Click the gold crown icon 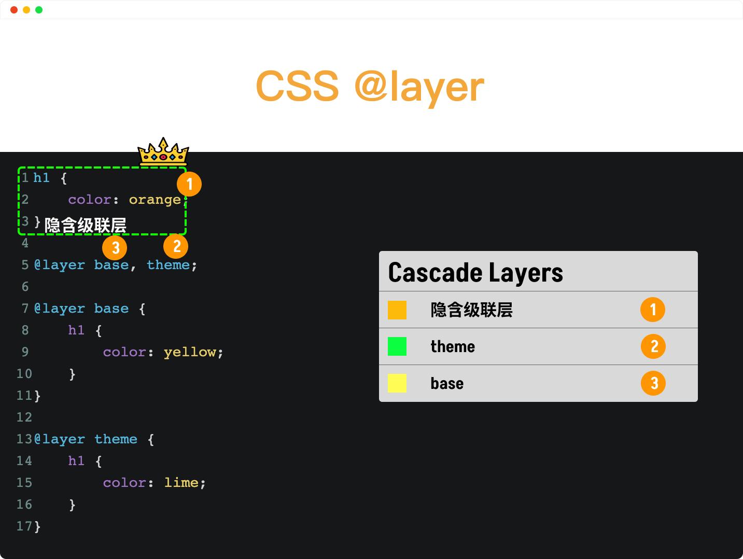coord(163,151)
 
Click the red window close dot coord(14,10)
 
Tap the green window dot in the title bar coord(39,10)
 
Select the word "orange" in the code coord(155,200)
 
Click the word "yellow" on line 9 coord(190,352)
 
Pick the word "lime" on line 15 coord(181,483)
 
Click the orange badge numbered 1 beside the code coord(189,184)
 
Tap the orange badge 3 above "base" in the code coord(115,248)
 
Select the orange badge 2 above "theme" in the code coord(176,246)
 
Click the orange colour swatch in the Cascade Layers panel coord(397,310)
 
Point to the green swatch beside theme coord(397,346)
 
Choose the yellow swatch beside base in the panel coord(397,383)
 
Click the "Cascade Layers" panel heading coord(475,273)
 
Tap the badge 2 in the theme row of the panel coord(653,346)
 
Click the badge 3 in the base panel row coord(653,383)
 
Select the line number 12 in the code coord(24,417)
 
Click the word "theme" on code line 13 coord(116,439)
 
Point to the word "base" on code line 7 coord(111,309)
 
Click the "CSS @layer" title coord(370,87)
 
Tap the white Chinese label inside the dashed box coord(86,225)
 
